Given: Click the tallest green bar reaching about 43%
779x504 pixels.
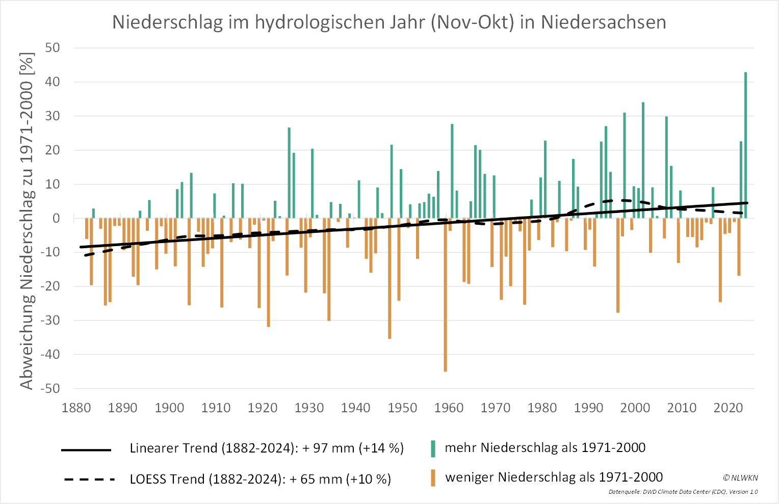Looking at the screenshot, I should click(746, 145).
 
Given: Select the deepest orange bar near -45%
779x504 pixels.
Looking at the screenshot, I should click(445, 296).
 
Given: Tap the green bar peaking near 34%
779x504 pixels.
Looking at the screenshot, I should click(643, 160).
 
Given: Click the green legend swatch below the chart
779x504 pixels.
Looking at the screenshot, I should click(433, 448).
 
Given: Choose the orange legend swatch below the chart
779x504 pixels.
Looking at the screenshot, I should click(433, 478).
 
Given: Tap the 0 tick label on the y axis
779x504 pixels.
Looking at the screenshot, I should click(57, 218).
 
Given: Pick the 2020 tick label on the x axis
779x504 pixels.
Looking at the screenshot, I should click(728, 408).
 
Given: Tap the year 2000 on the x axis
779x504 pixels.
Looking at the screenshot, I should click(635, 408).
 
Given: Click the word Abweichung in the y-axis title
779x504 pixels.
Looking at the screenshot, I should click(27, 347).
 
